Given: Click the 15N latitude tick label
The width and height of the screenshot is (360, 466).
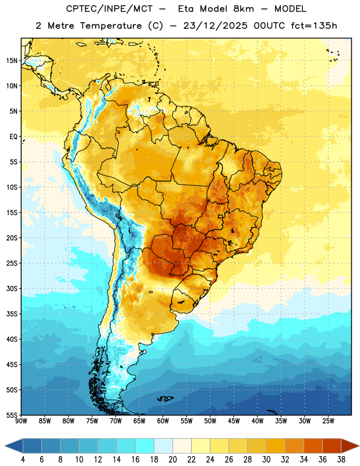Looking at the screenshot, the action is coord(12,61).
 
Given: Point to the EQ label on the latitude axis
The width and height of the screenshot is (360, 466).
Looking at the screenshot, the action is coord(13,137).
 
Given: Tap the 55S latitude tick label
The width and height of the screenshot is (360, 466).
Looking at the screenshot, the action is coord(12,415).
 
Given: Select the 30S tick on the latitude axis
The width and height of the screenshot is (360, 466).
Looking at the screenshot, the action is coord(12,288).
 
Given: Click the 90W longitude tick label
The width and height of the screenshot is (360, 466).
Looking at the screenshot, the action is coord(21,421).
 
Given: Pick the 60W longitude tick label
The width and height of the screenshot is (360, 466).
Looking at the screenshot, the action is coord(163,421).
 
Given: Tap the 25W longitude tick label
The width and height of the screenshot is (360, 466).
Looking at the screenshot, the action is coord(328,421).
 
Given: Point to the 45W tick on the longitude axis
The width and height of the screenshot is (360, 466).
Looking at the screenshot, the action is coord(234,421).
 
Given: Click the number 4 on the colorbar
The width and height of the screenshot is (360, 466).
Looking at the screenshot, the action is coord(23,460).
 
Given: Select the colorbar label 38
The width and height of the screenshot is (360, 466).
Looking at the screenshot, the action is coord(341,460).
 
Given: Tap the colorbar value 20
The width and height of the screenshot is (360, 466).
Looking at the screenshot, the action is coord(172,460).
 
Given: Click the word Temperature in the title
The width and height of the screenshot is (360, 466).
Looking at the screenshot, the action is coord(111,26).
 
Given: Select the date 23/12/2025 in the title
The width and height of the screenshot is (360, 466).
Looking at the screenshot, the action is coord(215,26).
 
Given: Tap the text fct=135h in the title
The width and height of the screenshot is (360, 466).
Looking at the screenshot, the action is coord(314,26).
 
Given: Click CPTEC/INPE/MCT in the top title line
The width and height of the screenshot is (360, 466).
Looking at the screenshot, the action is coord(110,9).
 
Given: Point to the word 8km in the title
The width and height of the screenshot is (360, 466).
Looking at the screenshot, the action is coord(243,9).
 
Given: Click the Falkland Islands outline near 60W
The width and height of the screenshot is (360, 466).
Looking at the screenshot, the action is coord(165,398).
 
